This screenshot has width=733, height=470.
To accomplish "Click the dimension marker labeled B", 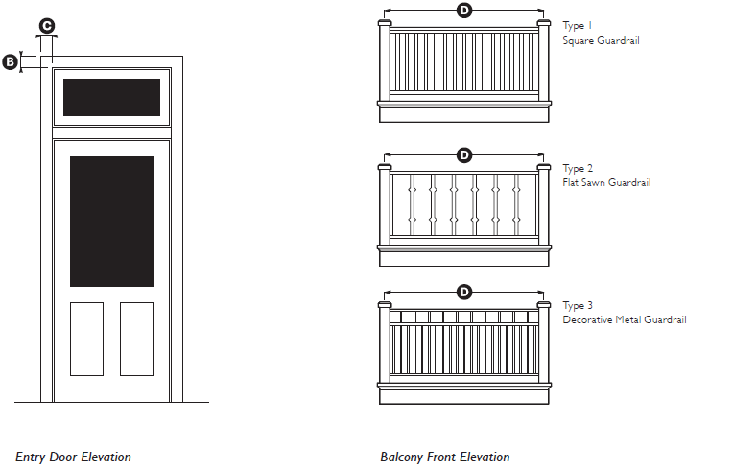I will (12, 62).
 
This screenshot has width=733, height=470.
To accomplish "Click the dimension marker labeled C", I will (46, 26).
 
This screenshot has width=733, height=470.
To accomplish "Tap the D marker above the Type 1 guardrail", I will (464, 11).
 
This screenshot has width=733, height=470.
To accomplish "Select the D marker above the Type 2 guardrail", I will (464, 154).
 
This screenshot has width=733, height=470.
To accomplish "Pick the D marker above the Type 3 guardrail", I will (464, 292).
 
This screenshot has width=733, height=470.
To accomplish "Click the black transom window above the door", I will (111, 97).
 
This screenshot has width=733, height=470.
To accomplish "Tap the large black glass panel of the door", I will (111, 221).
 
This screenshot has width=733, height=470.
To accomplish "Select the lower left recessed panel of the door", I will (86, 339).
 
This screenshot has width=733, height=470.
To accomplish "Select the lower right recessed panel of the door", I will (136, 339).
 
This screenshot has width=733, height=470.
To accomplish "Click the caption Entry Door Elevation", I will (73, 457).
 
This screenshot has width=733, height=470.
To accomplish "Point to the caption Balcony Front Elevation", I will (444, 457).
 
